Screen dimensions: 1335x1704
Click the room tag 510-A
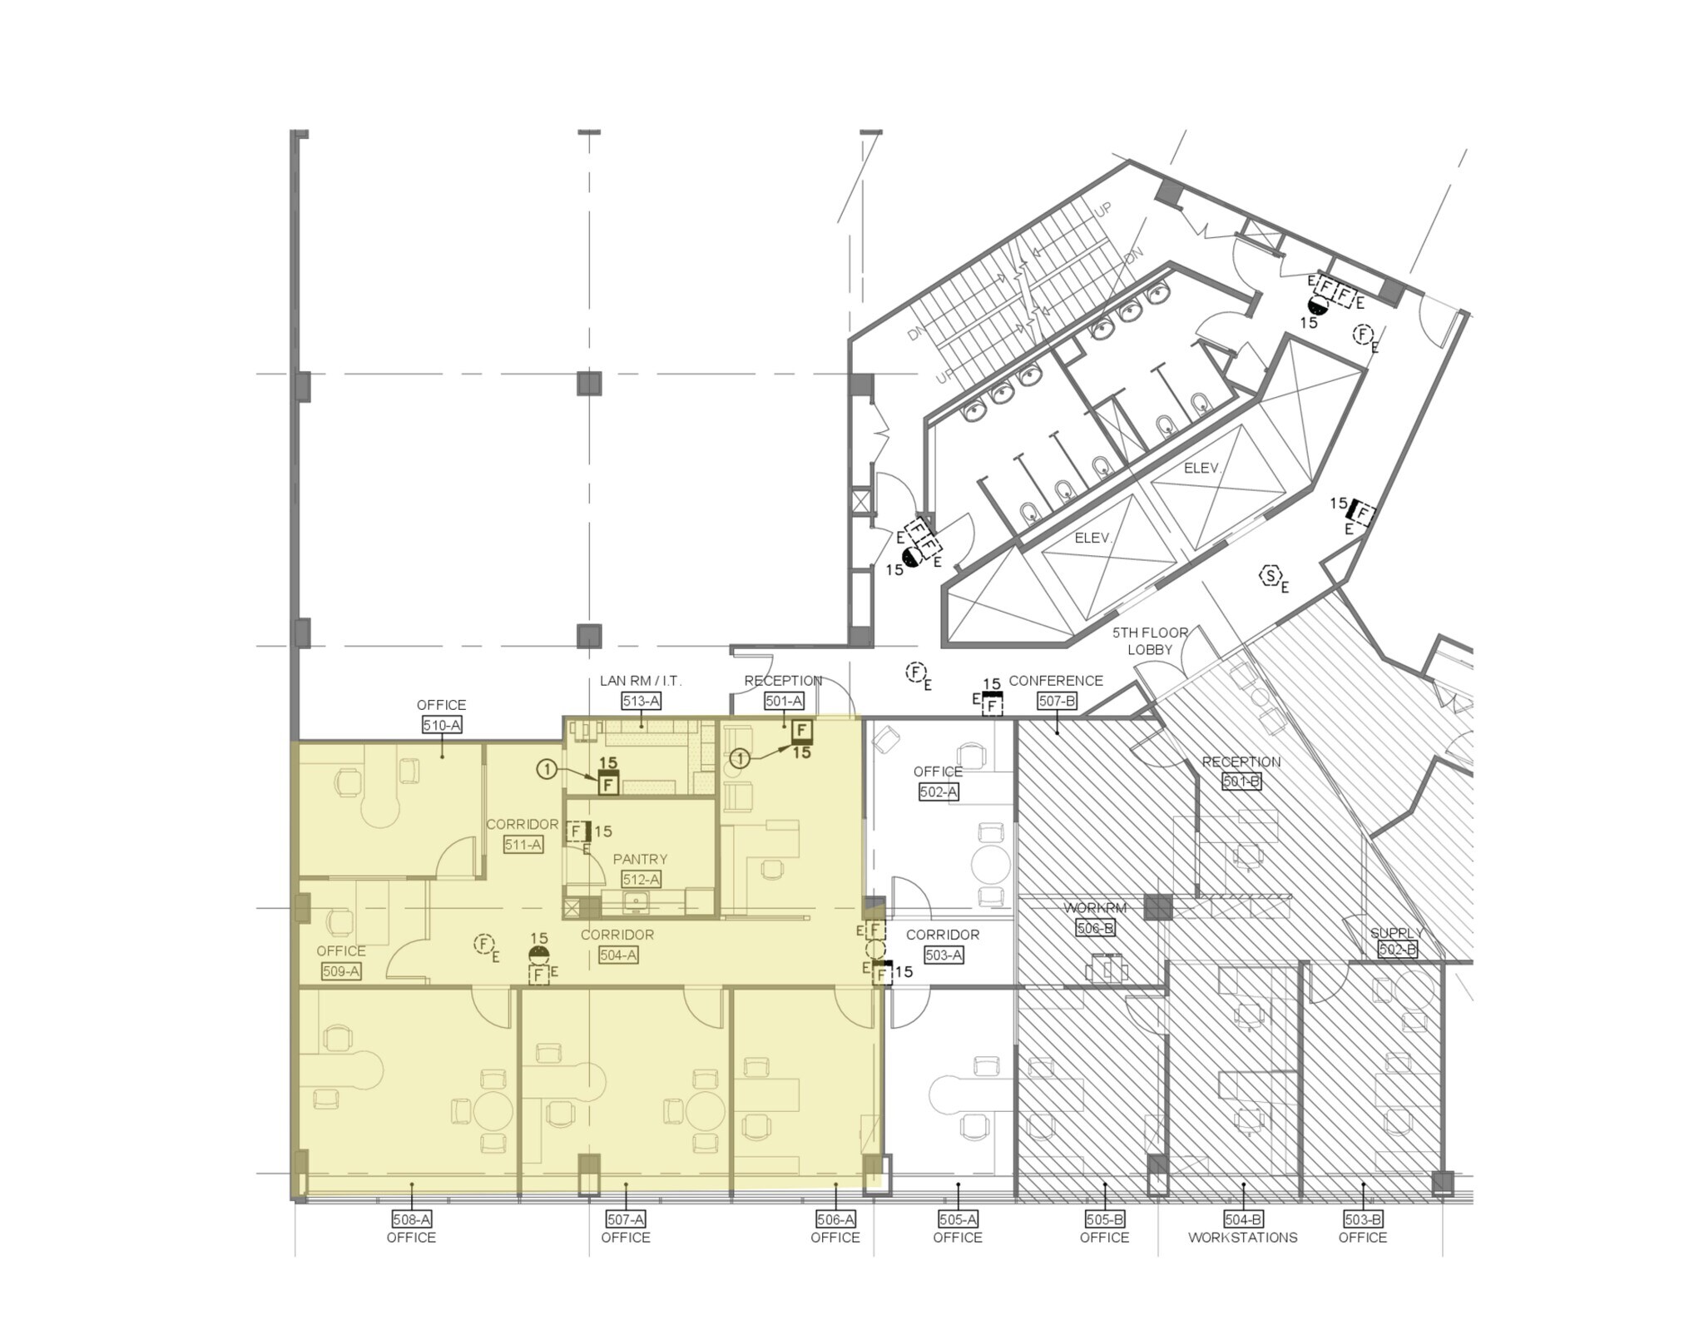[441, 725]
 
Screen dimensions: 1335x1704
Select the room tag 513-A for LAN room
[641, 702]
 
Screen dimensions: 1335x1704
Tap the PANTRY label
[640, 859]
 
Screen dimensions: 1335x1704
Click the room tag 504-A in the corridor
[618, 955]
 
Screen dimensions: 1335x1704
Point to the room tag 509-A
[340, 971]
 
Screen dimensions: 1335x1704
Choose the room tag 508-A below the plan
[411, 1219]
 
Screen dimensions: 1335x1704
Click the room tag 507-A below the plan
[626, 1219]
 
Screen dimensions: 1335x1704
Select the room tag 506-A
[835, 1219]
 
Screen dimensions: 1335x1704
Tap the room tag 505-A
[958, 1219]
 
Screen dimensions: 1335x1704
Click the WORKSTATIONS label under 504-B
[1242, 1238]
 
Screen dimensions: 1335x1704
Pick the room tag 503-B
[1363, 1219]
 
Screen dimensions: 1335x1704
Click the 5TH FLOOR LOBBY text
[1150, 641]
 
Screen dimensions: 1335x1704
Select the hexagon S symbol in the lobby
[1271, 576]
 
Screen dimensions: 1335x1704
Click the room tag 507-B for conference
[1057, 702]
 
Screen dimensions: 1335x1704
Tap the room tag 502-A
[938, 792]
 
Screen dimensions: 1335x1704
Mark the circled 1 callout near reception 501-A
[740, 758]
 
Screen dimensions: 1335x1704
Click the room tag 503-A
[943, 955]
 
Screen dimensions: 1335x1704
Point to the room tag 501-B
[1241, 782]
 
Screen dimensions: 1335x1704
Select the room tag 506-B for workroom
[1094, 928]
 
